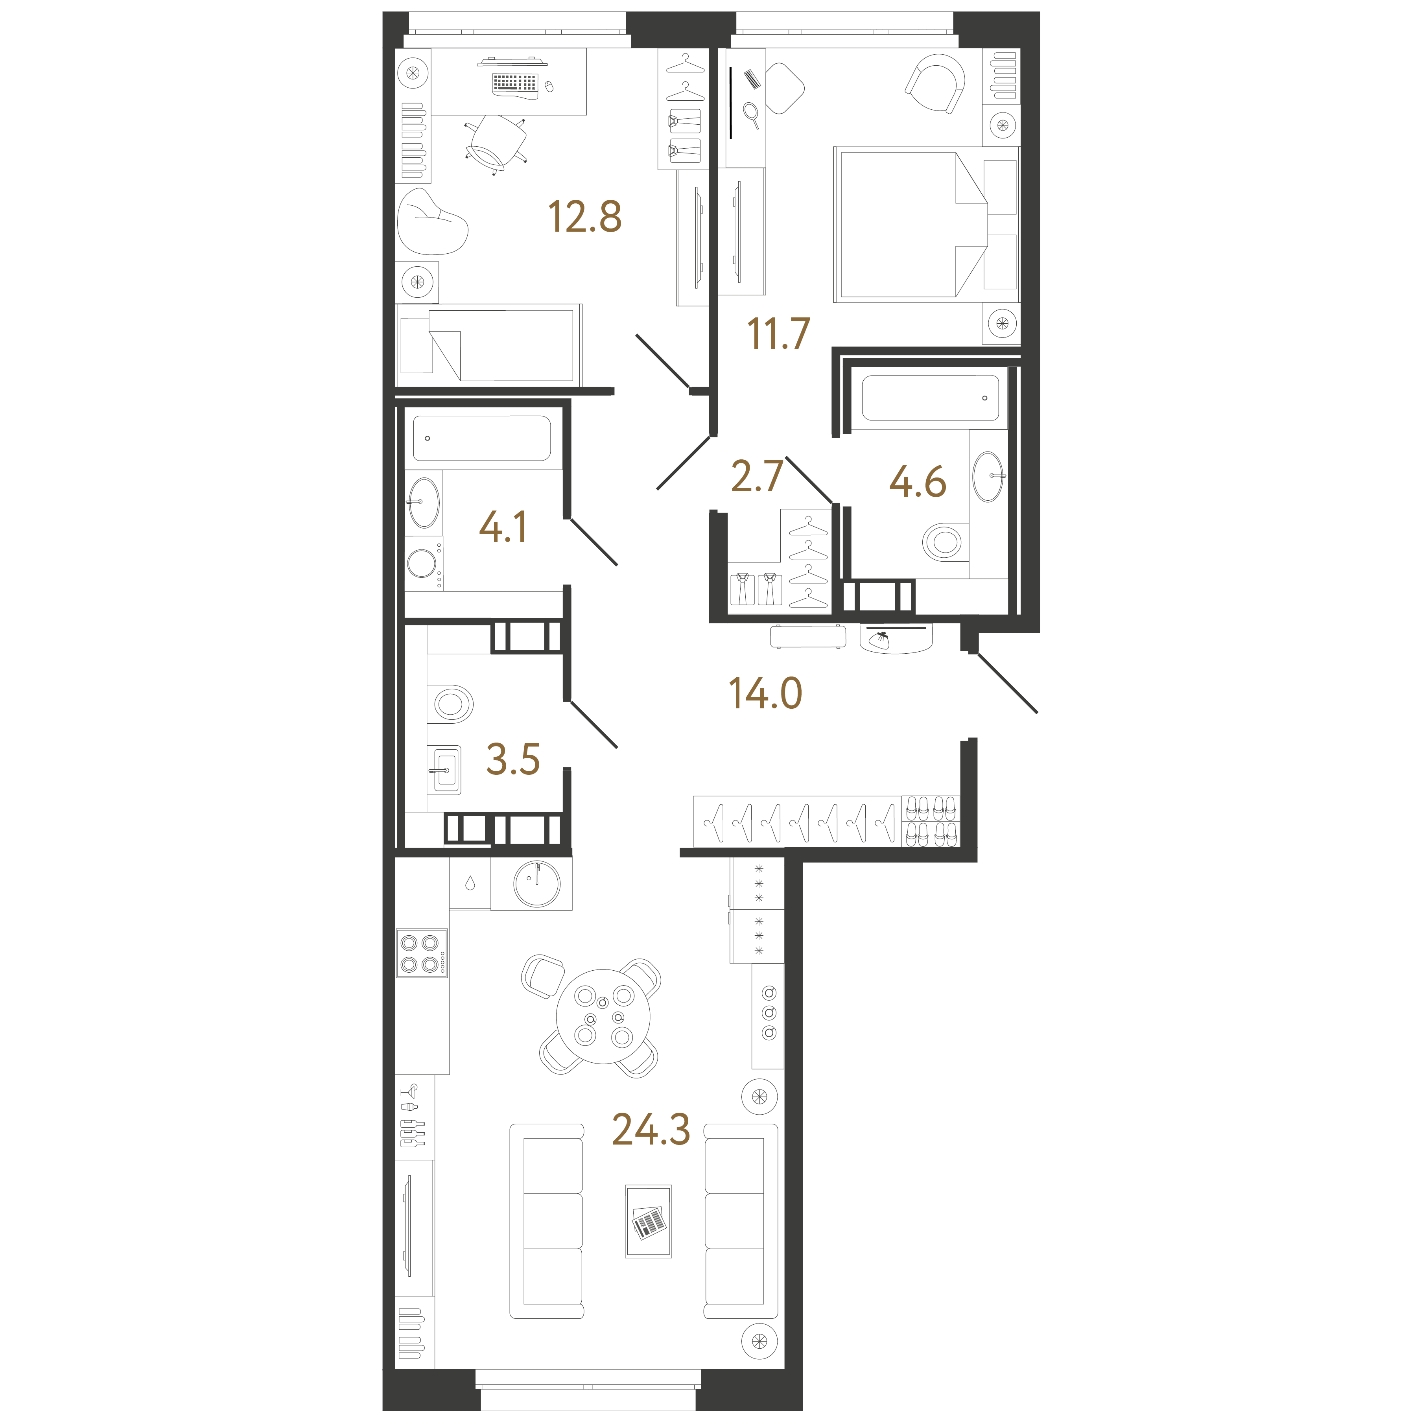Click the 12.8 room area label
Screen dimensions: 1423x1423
point(585,217)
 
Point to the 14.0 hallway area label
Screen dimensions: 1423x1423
point(765,693)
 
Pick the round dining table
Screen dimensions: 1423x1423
point(603,1016)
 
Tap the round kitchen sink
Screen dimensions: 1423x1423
point(537,884)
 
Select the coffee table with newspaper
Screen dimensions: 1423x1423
point(648,1221)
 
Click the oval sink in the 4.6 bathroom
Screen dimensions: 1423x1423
point(988,477)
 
